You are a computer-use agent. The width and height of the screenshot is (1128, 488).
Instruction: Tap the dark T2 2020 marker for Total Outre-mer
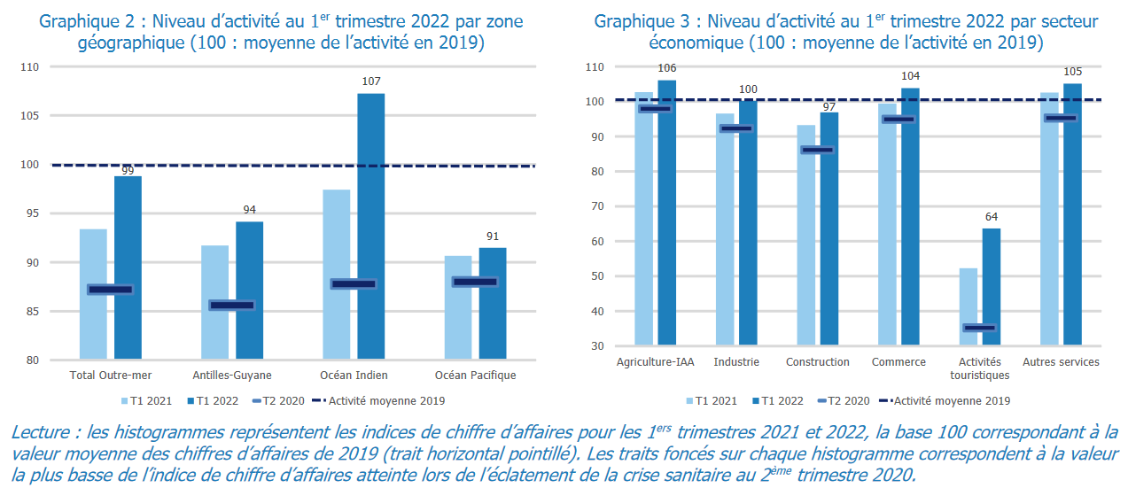pos(111,290)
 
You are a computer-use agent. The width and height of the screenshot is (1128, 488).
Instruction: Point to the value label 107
pos(371,81)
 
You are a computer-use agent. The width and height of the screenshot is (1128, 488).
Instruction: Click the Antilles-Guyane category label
pos(232,376)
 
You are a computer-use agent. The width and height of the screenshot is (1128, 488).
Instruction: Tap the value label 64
pos(992,216)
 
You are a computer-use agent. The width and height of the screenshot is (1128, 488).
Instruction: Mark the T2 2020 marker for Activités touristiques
pos(980,328)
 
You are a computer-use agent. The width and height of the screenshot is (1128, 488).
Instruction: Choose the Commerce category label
pos(899,362)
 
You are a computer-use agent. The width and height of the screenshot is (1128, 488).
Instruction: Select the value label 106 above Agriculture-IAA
pos(667,68)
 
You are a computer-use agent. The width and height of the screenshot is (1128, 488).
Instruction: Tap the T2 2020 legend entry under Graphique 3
pos(843,400)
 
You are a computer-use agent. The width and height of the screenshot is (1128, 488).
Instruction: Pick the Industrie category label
pos(735,362)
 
